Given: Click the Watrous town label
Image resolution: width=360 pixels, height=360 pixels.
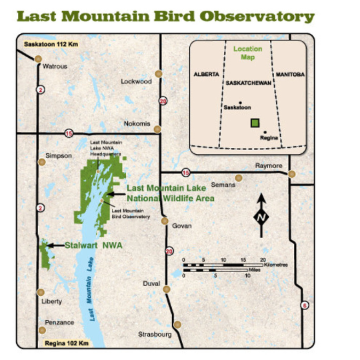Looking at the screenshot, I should click(x=55, y=67).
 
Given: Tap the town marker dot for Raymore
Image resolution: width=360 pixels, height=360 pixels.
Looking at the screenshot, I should click(x=291, y=174).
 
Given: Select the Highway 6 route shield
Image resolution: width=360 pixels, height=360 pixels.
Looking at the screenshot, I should click(x=305, y=306).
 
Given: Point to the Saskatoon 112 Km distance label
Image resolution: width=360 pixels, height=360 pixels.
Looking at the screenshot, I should click(x=51, y=44).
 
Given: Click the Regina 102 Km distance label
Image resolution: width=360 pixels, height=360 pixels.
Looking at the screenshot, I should click(x=67, y=343).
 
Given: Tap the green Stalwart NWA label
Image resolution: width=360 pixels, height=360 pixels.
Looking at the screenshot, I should click(x=93, y=245).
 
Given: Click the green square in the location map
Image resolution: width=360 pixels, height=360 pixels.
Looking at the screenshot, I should click(x=254, y=123).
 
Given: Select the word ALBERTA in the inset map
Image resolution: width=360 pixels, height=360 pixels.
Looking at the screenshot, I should click(x=206, y=75).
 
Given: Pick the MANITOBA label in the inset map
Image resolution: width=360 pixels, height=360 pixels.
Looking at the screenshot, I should click(x=289, y=75).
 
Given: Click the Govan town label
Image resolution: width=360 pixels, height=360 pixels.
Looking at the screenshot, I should click(x=182, y=226).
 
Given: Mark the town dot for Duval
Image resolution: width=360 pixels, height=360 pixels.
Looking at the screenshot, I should click(x=167, y=289).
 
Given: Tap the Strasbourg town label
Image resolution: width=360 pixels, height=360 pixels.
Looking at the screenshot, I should click(x=155, y=334).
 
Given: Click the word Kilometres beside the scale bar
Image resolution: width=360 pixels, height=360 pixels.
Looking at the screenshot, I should click(x=275, y=265).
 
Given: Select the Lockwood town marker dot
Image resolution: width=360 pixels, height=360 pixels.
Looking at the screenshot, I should click(x=158, y=74).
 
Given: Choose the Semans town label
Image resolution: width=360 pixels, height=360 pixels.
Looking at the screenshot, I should click(x=223, y=185).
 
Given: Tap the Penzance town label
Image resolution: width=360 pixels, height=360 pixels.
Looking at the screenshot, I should click(x=59, y=323).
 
